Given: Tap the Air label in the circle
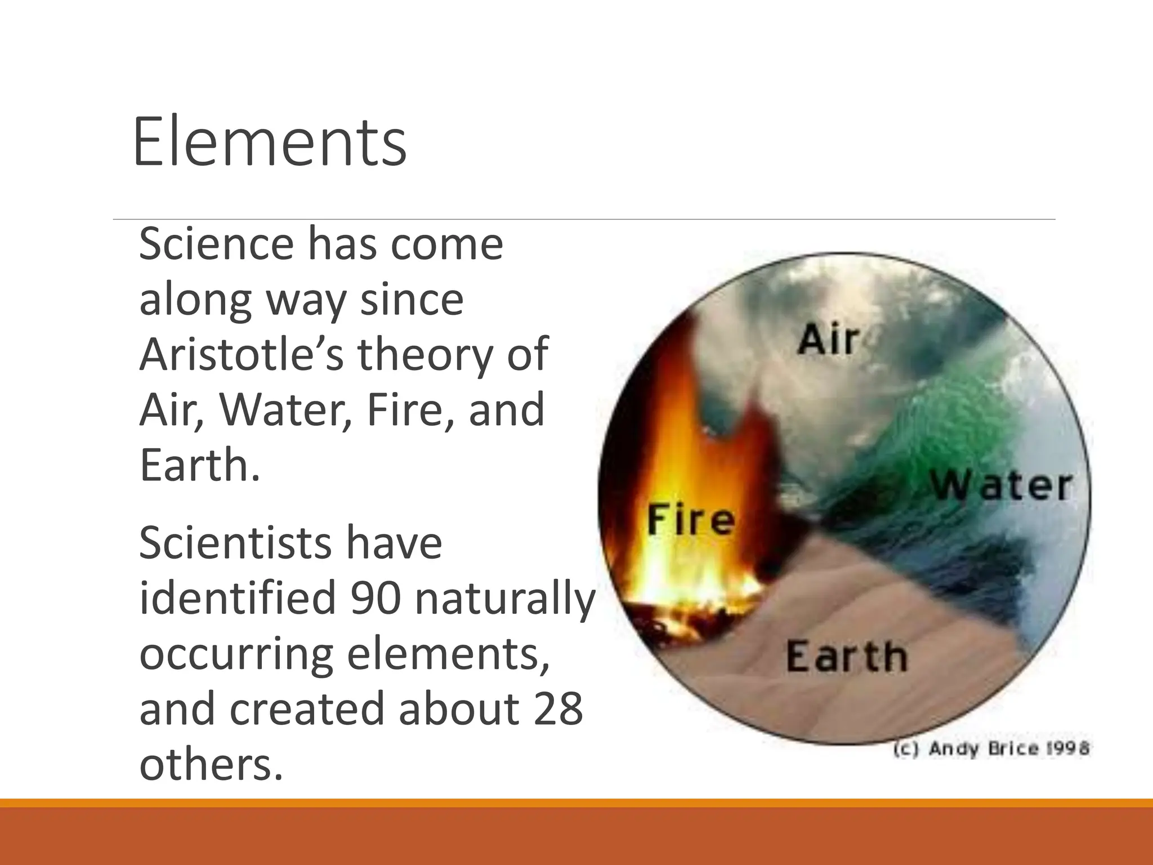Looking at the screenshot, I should tap(828, 340).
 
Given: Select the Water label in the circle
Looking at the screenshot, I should tap(1001, 485).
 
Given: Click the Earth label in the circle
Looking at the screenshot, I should tap(846, 657).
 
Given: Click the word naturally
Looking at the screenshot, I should tap(504, 598).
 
